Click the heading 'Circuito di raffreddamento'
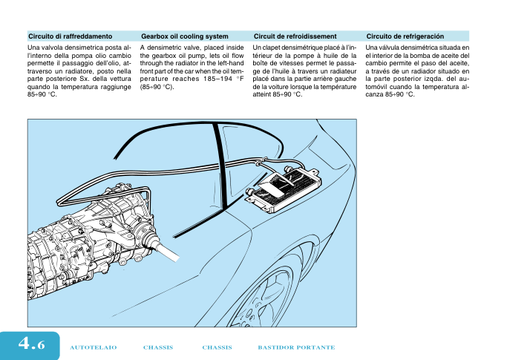point(71,36)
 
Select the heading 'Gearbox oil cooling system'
point(184,36)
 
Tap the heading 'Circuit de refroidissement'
point(295,36)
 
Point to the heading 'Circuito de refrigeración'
point(405,36)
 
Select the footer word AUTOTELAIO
point(94,347)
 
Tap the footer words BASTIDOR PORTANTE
point(296,347)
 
